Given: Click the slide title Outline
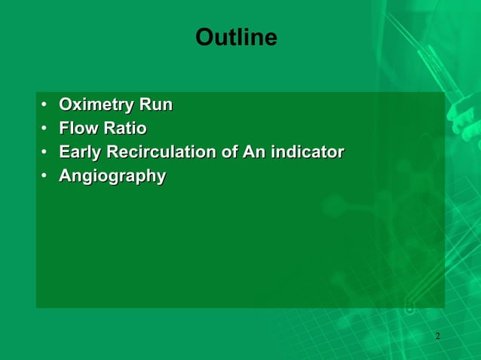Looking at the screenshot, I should (236, 38).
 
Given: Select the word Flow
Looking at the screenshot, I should (79, 128).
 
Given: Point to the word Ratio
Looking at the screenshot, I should (125, 128).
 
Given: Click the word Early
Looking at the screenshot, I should (81, 152).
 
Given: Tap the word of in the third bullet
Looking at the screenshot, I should (229, 152).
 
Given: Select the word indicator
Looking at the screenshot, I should (308, 152).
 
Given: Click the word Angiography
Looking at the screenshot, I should (112, 176).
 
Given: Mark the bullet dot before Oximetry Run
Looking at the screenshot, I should (45, 105).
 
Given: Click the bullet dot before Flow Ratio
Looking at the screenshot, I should (45, 128).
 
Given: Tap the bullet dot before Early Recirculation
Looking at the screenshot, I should (45, 152).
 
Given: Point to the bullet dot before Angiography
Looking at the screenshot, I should (45, 176).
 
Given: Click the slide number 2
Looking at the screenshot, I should (437, 335).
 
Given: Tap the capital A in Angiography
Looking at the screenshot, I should (66, 176).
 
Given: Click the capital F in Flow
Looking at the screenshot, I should (65, 128).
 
